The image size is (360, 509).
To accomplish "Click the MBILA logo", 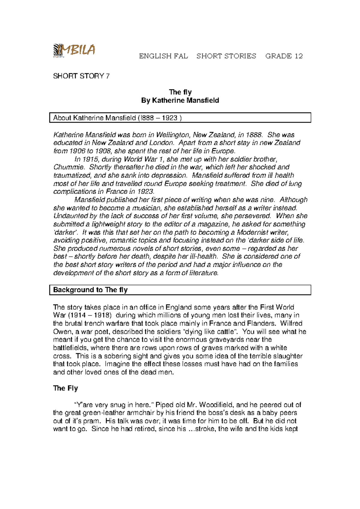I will [74, 50].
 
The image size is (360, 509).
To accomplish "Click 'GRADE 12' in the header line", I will [284, 56].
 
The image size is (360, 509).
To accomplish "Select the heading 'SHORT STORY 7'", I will [81, 76].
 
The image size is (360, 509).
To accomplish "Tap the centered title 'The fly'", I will [180, 92].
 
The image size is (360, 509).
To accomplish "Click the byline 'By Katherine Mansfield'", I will [180, 100].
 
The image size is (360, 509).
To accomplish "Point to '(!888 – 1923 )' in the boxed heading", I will [159, 118].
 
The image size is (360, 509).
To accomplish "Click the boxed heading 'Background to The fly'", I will [90, 290].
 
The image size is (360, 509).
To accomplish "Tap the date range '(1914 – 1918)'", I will [90, 315].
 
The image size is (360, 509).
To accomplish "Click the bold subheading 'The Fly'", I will [65, 388].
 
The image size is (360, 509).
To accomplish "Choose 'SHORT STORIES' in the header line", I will [226, 56].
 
